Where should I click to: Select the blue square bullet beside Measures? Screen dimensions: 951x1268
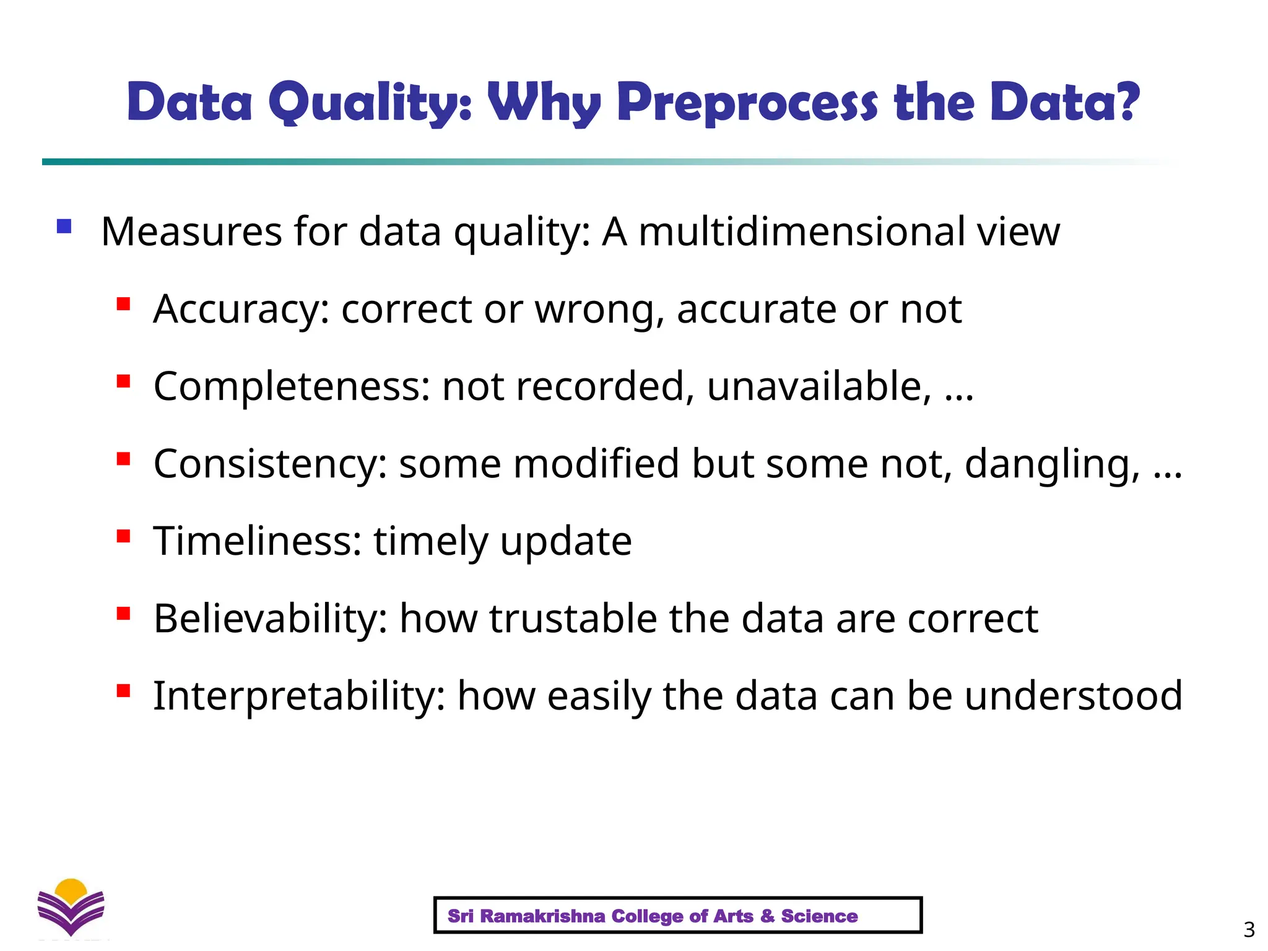click(64, 226)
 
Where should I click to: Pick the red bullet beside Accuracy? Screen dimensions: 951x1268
click(123, 303)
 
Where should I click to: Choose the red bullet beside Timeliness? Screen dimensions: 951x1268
click(123, 536)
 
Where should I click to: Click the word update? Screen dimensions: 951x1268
click(565, 541)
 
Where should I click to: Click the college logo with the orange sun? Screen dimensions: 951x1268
click(71, 907)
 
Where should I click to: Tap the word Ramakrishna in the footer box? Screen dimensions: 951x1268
click(542, 916)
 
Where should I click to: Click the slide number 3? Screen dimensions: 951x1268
click(1249, 929)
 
